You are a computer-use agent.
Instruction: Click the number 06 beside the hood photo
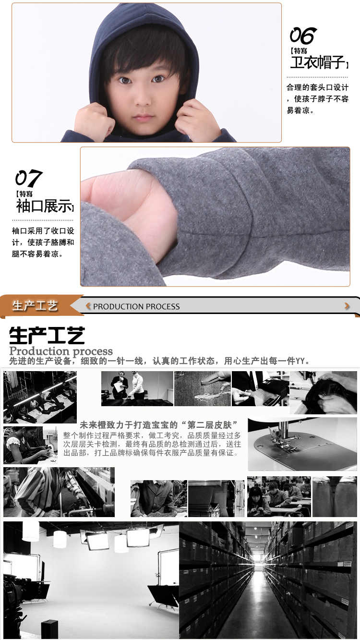click(x=303, y=36)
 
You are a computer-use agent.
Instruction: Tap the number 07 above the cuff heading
click(x=29, y=178)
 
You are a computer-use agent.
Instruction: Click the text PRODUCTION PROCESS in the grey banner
click(x=137, y=307)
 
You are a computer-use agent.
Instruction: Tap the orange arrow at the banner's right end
click(x=347, y=306)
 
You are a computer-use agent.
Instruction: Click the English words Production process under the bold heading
click(x=61, y=350)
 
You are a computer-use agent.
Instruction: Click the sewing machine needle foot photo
click(x=302, y=444)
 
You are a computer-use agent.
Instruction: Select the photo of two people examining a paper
click(x=137, y=388)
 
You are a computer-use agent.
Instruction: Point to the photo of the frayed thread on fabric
click(x=203, y=388)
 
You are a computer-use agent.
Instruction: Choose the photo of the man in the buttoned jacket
click(x=159, y=498)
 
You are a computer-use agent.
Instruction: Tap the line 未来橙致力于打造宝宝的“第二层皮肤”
click(x=159, y=425)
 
